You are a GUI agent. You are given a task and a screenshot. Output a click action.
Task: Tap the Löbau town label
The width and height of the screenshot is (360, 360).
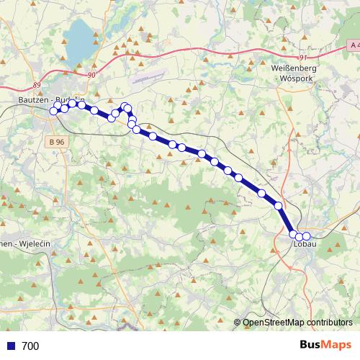(305, 244)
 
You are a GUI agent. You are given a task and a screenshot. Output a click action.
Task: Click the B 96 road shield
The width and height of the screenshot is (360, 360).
(58, 142)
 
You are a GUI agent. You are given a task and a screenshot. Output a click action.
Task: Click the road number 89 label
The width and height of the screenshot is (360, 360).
(37, 84)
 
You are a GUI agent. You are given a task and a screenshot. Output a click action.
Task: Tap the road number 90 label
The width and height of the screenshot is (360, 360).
(91, 73)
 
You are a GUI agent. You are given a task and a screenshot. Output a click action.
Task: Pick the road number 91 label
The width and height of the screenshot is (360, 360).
(303, 58)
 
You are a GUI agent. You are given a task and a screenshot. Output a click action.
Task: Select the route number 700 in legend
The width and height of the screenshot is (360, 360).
(30, 346)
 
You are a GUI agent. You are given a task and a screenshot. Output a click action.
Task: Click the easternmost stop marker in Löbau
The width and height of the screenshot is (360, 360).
(307, 236)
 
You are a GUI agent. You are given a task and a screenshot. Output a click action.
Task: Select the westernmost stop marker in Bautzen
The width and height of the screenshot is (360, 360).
(53, 111)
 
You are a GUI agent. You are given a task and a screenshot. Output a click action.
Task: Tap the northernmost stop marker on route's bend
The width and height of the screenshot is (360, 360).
(125, 107)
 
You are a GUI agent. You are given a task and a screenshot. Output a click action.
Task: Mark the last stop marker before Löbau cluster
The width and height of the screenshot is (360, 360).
(279, 207)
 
